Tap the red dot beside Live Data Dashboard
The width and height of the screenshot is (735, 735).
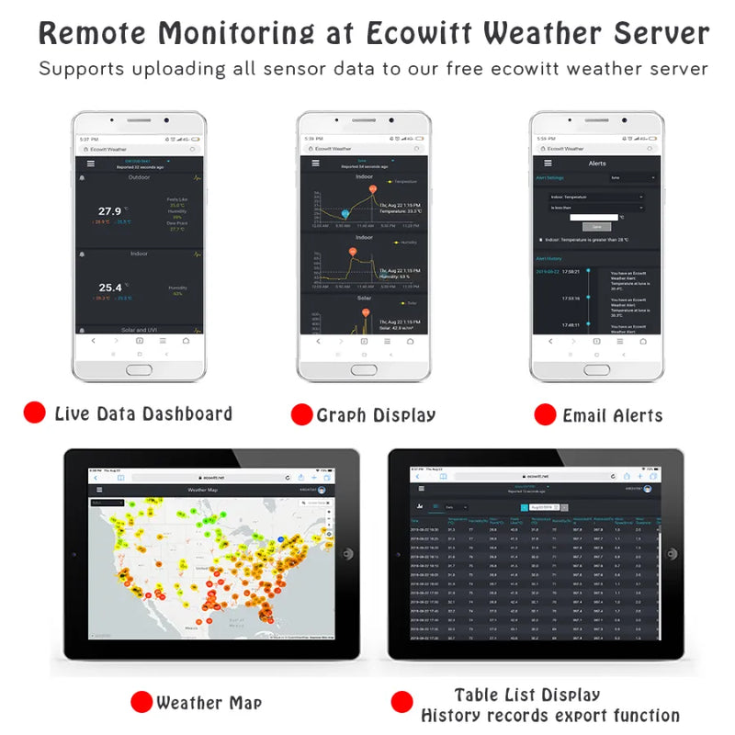pos(35,413)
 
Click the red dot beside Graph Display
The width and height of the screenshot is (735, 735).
pos(301,414)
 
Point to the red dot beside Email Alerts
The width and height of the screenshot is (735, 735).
pos(546,413)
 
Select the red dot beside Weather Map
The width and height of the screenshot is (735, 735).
pos(141,703)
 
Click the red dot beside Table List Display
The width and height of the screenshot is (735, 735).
pos(401,703)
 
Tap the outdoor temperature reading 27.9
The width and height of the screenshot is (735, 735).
pos(110,211)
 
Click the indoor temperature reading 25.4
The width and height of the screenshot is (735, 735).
pos(110,288)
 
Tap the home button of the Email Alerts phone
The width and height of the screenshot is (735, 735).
pos(597,368)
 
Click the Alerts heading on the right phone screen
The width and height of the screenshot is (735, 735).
pos(597,163)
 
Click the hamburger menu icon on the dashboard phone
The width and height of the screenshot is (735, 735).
pos(90,163)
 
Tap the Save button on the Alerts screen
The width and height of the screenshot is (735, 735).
pos(596,226)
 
